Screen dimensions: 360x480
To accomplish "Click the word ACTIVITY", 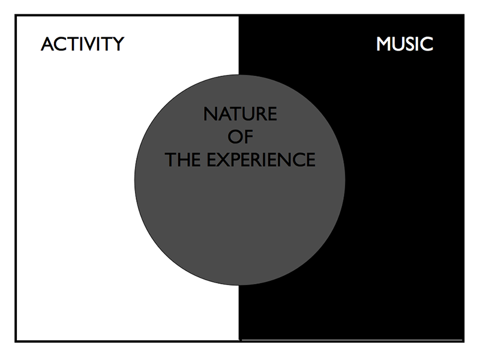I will click(82, 44).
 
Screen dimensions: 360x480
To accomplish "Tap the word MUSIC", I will click(404, 44).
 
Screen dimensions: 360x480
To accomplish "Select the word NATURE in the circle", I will click(240, 114).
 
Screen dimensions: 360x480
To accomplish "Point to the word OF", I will click(240, 137).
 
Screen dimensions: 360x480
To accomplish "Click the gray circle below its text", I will click(240, 228).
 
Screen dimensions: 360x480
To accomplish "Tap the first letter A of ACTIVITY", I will click(46, 44).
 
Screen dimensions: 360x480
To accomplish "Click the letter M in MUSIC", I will click(384, 44).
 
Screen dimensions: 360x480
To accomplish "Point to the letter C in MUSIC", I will click(426, 44).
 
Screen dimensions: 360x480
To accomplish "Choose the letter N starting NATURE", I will click(209, 114).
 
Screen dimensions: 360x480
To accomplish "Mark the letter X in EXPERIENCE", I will click(223, 160).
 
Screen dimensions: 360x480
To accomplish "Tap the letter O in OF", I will click(235, 137).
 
